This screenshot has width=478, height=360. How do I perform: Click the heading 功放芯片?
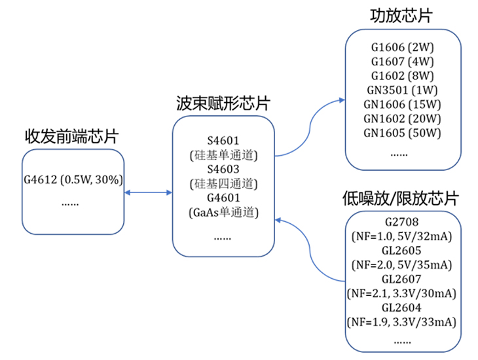pos(402,16)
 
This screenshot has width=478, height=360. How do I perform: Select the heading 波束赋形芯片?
pos(223,103)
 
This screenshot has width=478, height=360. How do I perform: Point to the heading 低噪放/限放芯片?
pos(401,198)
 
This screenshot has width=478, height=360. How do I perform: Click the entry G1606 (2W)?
pos(402,48)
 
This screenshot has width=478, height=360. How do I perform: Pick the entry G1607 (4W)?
pos(402,62)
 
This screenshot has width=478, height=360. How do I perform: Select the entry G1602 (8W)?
pos(402,76)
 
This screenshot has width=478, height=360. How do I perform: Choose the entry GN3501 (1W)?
pos(402,90)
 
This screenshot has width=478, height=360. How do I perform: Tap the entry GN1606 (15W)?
pos(402,105)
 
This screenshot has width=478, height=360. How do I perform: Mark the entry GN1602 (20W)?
pos(402,119)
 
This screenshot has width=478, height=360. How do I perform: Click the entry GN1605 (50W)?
pos(402,134)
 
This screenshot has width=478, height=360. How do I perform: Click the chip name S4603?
pos(223,168)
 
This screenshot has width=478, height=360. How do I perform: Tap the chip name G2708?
pos(401,223)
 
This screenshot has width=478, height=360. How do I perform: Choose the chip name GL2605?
pos(401,251)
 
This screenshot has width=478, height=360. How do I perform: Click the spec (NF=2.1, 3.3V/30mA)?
pos(401,293)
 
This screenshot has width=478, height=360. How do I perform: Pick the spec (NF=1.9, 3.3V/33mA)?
pos(401,321)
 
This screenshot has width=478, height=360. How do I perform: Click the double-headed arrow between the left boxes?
pos(148,192)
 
